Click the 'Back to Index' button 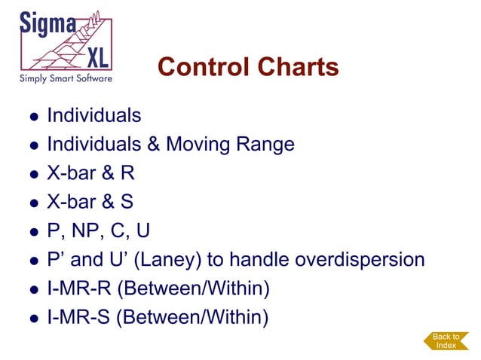[446, 341]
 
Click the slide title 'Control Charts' [248, 68]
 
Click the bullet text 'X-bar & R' [90, 173]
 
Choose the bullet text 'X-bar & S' [90, 202]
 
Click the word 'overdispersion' [360, 260]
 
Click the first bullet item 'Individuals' [93, 116]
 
